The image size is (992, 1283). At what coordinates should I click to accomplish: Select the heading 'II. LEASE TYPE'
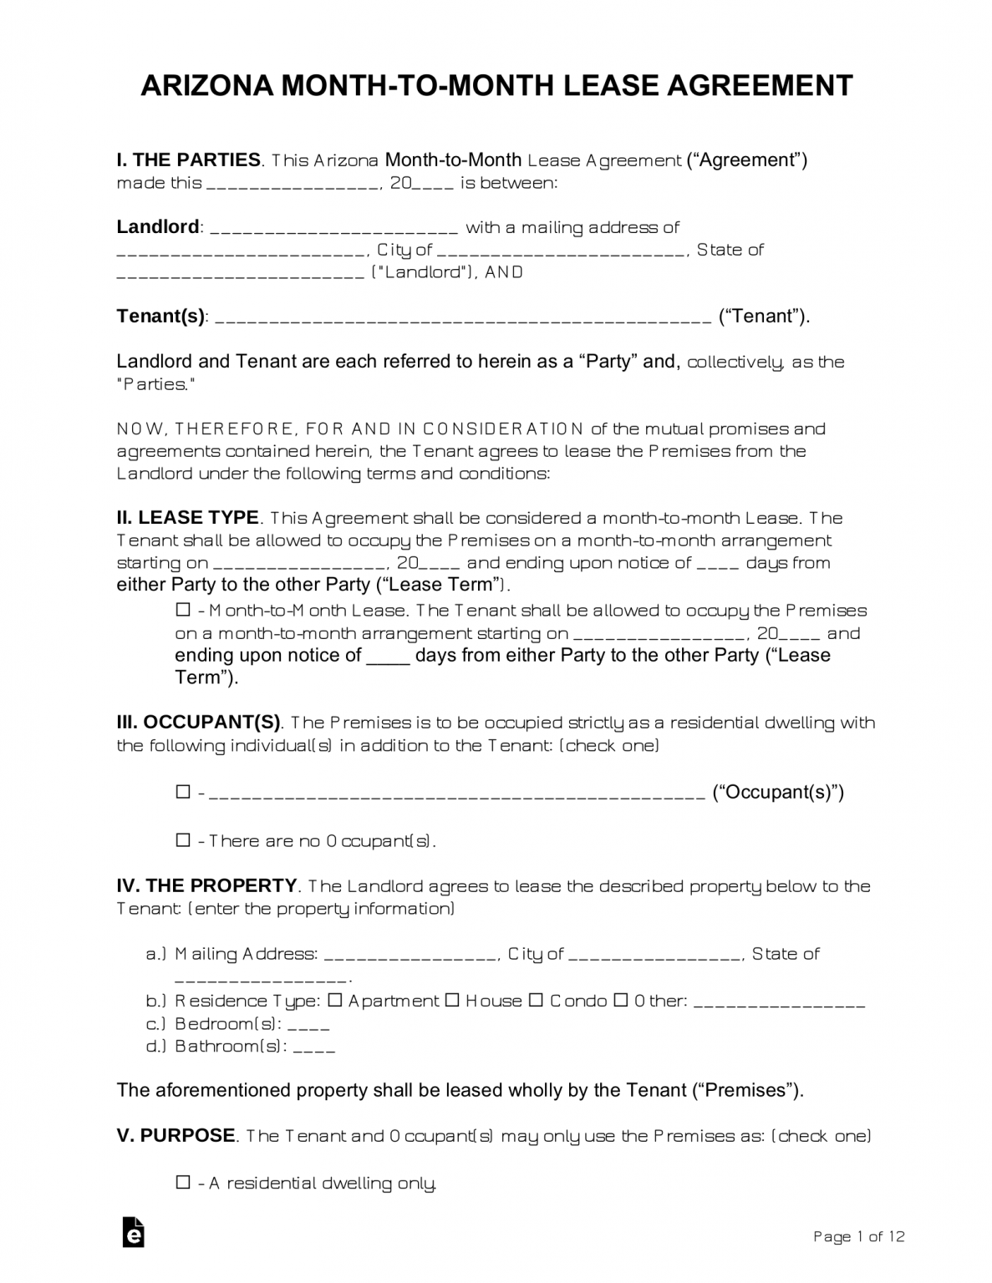(x=188, y=518)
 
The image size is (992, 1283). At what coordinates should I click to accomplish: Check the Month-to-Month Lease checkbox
(x=183, y=611)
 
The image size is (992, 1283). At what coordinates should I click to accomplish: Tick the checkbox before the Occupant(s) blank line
(x=183, y=792)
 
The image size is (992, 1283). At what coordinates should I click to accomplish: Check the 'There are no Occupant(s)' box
(x=183, y=840)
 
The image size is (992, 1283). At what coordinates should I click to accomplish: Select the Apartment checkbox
(x=335, y=1001)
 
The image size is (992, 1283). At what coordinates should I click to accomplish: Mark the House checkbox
(x=452, y=1001)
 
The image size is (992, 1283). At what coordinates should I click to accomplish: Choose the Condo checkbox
(x=537, y=1001)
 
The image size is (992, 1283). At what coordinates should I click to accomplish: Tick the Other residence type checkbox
(x=621, y=1001)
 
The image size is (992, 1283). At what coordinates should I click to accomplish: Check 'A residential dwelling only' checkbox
(x=183, y=1183)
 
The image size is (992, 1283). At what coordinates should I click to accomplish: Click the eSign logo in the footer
(x=133, y=1232)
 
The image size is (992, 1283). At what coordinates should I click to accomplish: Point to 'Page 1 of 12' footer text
(x=858, y=1236)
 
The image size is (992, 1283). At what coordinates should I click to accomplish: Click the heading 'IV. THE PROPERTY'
(x=206, y=885)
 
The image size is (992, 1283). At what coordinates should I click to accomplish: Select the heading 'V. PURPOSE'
(x=176, y=1136)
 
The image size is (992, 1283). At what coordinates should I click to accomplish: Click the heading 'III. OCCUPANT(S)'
(x=199, y=723)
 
